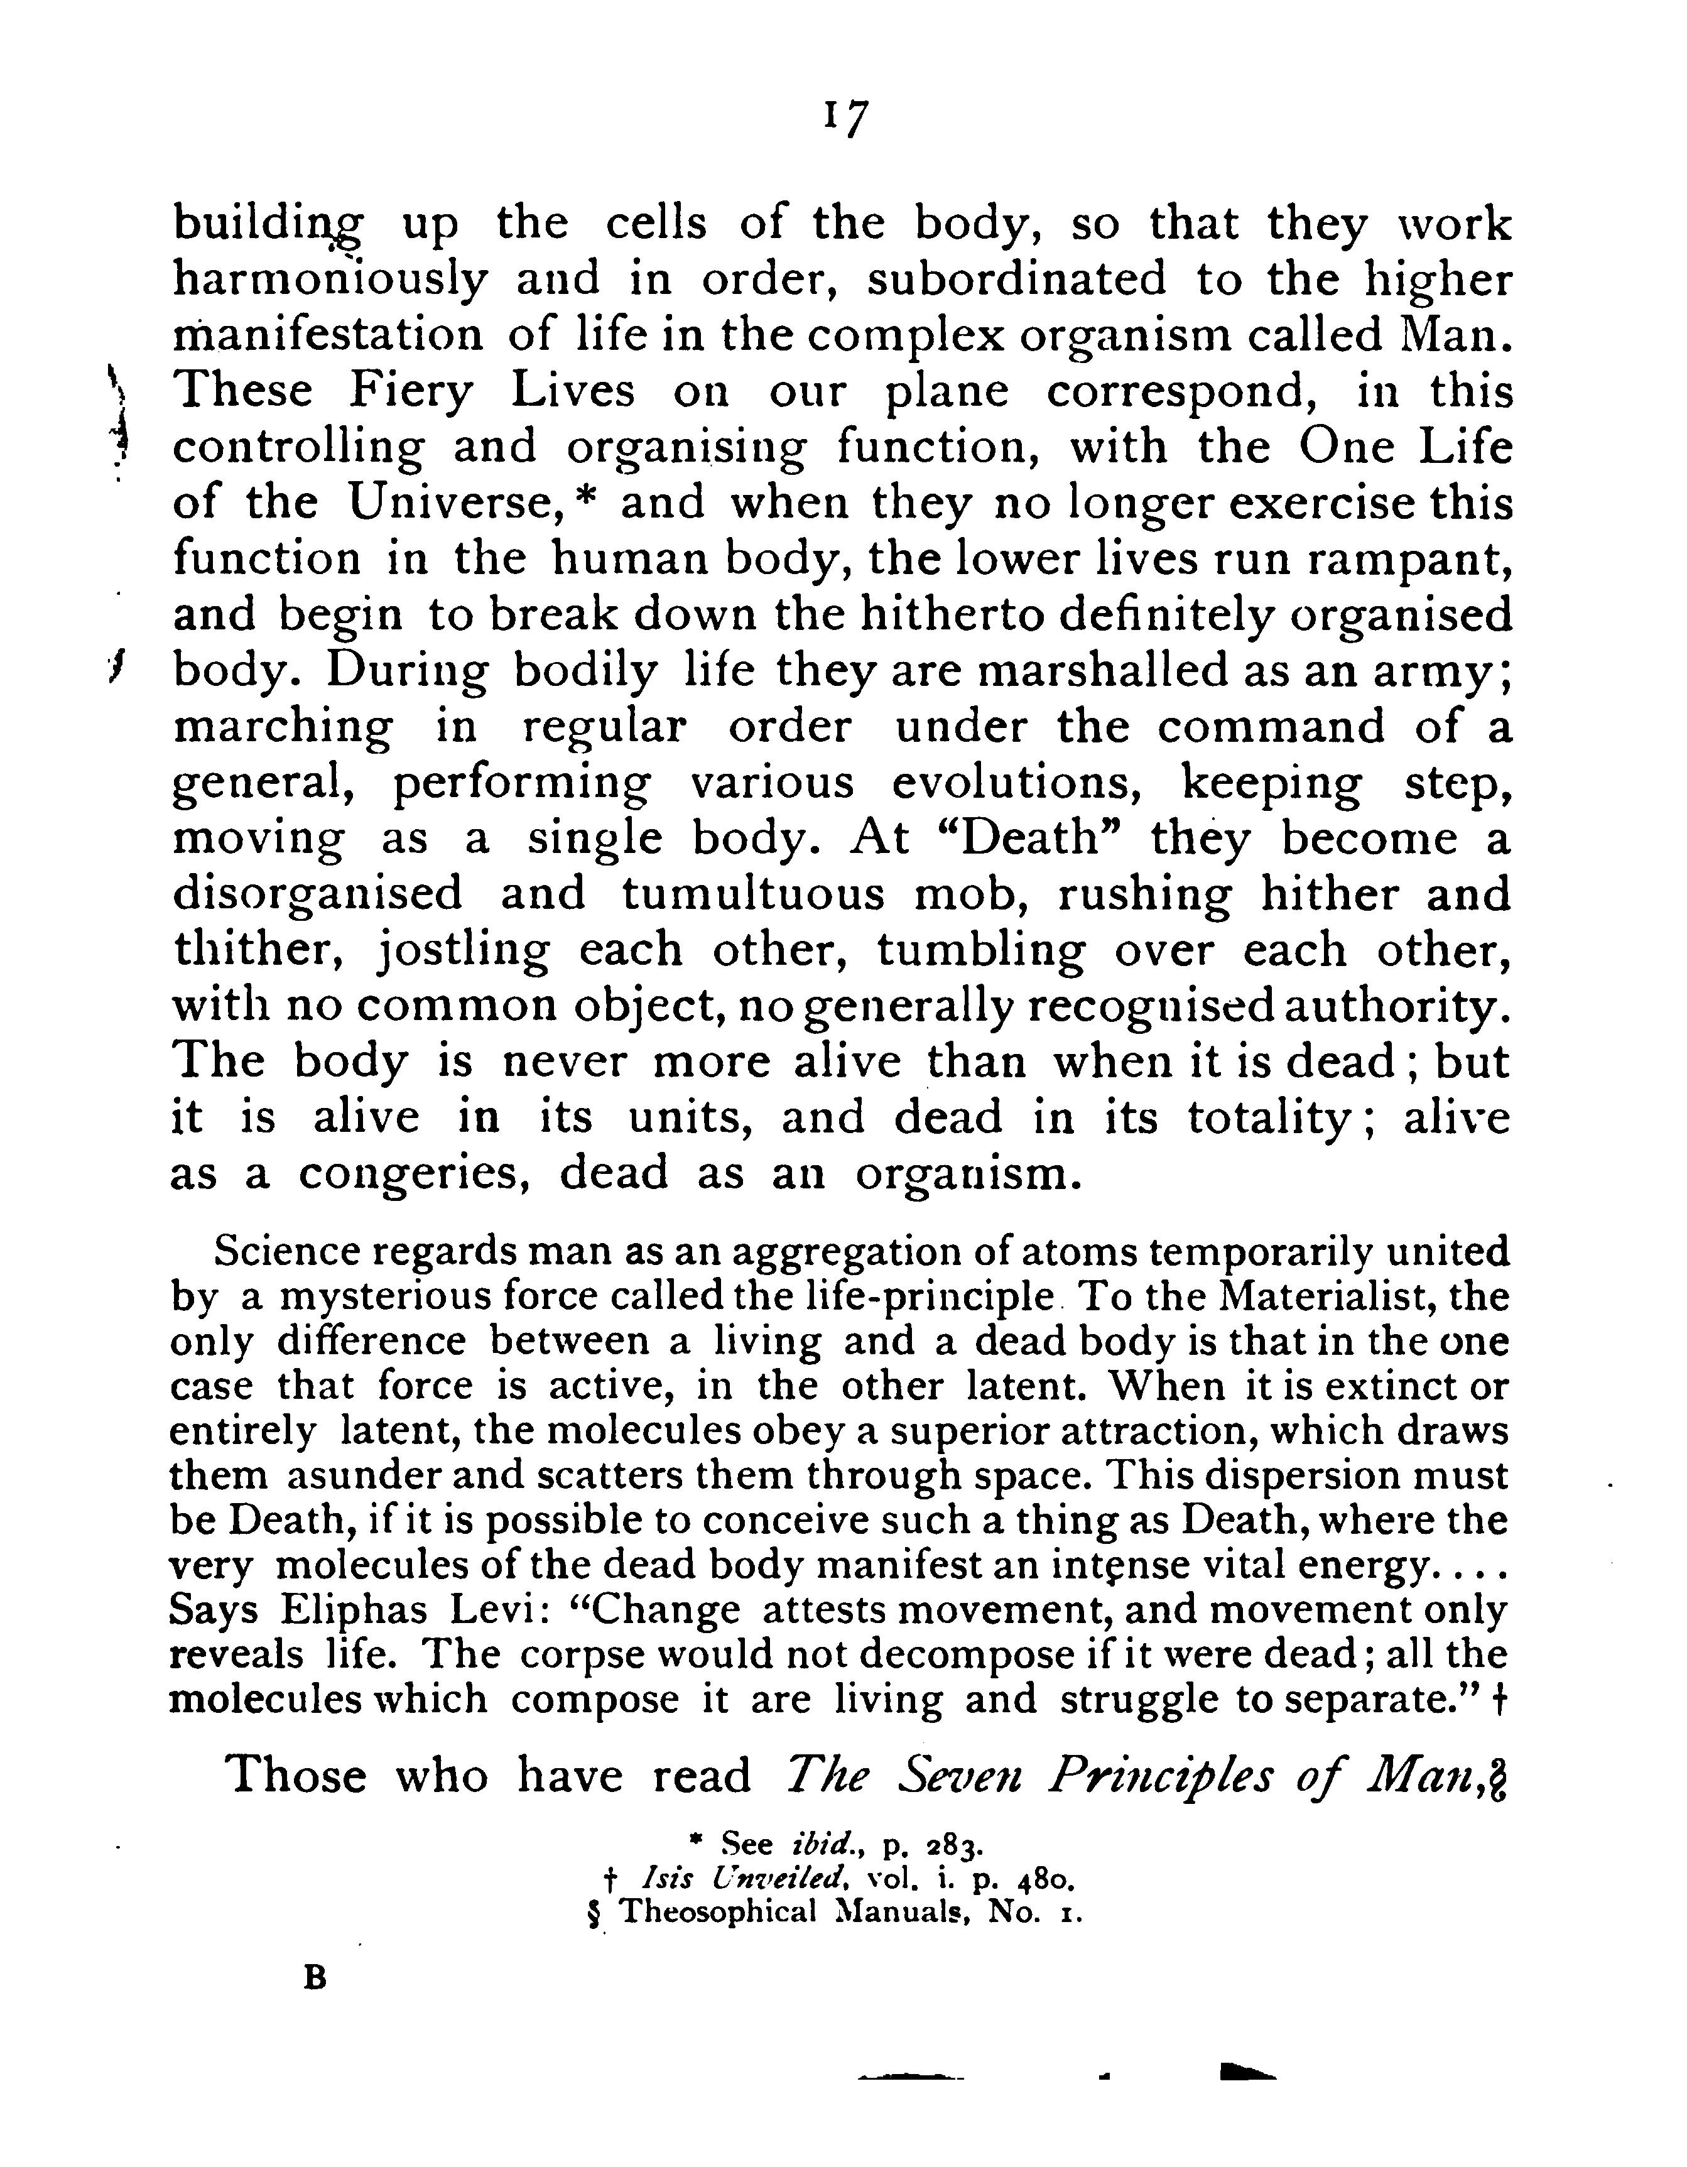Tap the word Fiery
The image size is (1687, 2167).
411,392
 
